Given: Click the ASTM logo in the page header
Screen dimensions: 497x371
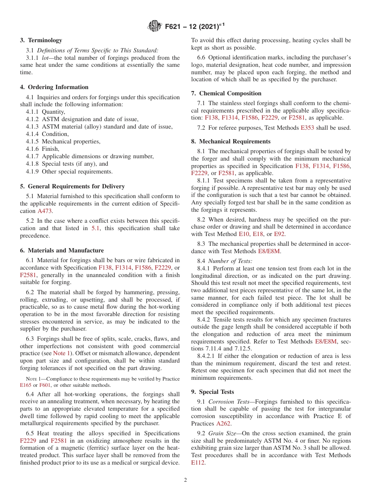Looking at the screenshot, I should pyautogui.click(x=155, y=27).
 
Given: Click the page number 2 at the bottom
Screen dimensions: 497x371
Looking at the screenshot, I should pyautogui.click(x=185, y=480).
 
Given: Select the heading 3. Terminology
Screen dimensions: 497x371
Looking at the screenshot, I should pyautogui.click(x=41, y=40).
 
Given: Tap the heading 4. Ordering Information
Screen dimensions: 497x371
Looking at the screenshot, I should pyautogui.click(x=54, y=87).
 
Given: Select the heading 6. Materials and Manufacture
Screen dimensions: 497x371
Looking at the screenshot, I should pyautogui.click(x=62, y=250).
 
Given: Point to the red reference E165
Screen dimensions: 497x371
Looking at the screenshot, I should pyautogui.click(x=25, y=385).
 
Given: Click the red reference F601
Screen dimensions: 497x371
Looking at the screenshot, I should pyautogui.click(x=45, y=385).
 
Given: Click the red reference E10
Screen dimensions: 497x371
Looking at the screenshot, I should pyautogui.click(x=243, y=234).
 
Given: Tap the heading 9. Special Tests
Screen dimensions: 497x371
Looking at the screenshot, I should pyautogui.click(x=213, y=392).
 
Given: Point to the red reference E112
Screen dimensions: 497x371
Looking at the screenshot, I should pyautogui.click(x=198, y=463).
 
